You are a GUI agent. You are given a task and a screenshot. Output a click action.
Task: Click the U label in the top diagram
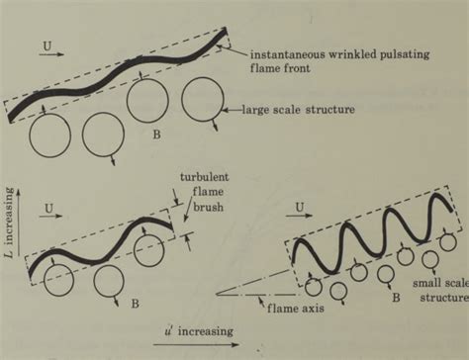[x=49, y=45]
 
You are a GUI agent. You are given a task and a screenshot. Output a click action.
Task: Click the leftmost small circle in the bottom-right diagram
[x=315, y=286]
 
